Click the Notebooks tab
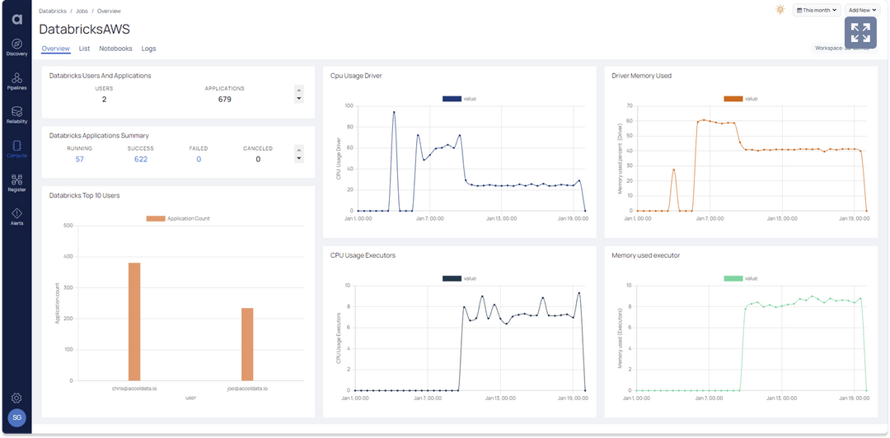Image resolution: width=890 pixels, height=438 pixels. click(115, 49)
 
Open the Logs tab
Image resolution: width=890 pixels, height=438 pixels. click(148, 49)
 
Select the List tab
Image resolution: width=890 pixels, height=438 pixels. click(84, 49)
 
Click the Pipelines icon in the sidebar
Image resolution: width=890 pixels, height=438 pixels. click(16, 80)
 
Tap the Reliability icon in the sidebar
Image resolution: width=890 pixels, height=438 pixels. click(16, 114)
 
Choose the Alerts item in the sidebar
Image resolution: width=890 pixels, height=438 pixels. click(16, 216)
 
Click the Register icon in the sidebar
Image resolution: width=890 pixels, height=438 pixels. click(16, 182)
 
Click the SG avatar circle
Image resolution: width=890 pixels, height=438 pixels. click(16, 418)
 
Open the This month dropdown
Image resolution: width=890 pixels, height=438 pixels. click(817, 10)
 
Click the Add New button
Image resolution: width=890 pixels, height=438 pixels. click(862, 10)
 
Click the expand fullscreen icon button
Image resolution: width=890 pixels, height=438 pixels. click(860, 33)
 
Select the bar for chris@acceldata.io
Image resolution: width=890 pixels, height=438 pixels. click(134, 322)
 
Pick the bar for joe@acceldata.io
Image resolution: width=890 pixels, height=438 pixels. click(247, 344)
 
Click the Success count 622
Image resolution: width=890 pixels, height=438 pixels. click(141, 159)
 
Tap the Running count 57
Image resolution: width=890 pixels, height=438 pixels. click(80, 159)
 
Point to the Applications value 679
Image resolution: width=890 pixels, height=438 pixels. click(224, 100)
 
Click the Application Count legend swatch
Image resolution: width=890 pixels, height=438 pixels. click(156, 219)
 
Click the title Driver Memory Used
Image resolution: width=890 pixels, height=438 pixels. click(641, 76)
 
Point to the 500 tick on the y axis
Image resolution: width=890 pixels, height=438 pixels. click(68, 226)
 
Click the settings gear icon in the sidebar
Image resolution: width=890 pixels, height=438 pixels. click(16, 398)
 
